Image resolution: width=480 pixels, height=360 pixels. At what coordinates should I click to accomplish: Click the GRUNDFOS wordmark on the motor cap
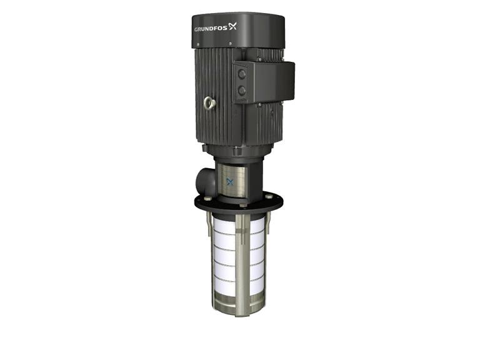click(212, 29)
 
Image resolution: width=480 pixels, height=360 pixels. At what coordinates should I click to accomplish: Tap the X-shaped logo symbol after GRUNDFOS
click(234, 26)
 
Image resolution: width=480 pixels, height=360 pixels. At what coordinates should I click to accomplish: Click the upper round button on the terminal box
click(241, 73)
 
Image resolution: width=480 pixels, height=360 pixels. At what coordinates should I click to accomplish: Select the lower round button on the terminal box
click(241, 91)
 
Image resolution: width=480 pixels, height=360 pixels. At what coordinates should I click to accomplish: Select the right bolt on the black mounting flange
click(270, 196)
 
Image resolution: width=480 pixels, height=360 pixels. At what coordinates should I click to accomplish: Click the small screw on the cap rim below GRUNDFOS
click(231, 44)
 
